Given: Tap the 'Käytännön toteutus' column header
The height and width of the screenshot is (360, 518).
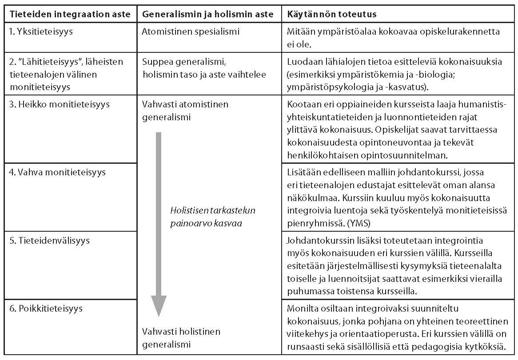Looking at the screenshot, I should coord(331,14).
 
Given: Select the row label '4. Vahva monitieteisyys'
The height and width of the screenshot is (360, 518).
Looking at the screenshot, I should coord(56,172).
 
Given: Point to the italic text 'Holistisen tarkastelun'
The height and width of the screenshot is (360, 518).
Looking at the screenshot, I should coord(213,211).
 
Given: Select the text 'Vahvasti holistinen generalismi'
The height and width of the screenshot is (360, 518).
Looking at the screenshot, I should coord(181,337).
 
